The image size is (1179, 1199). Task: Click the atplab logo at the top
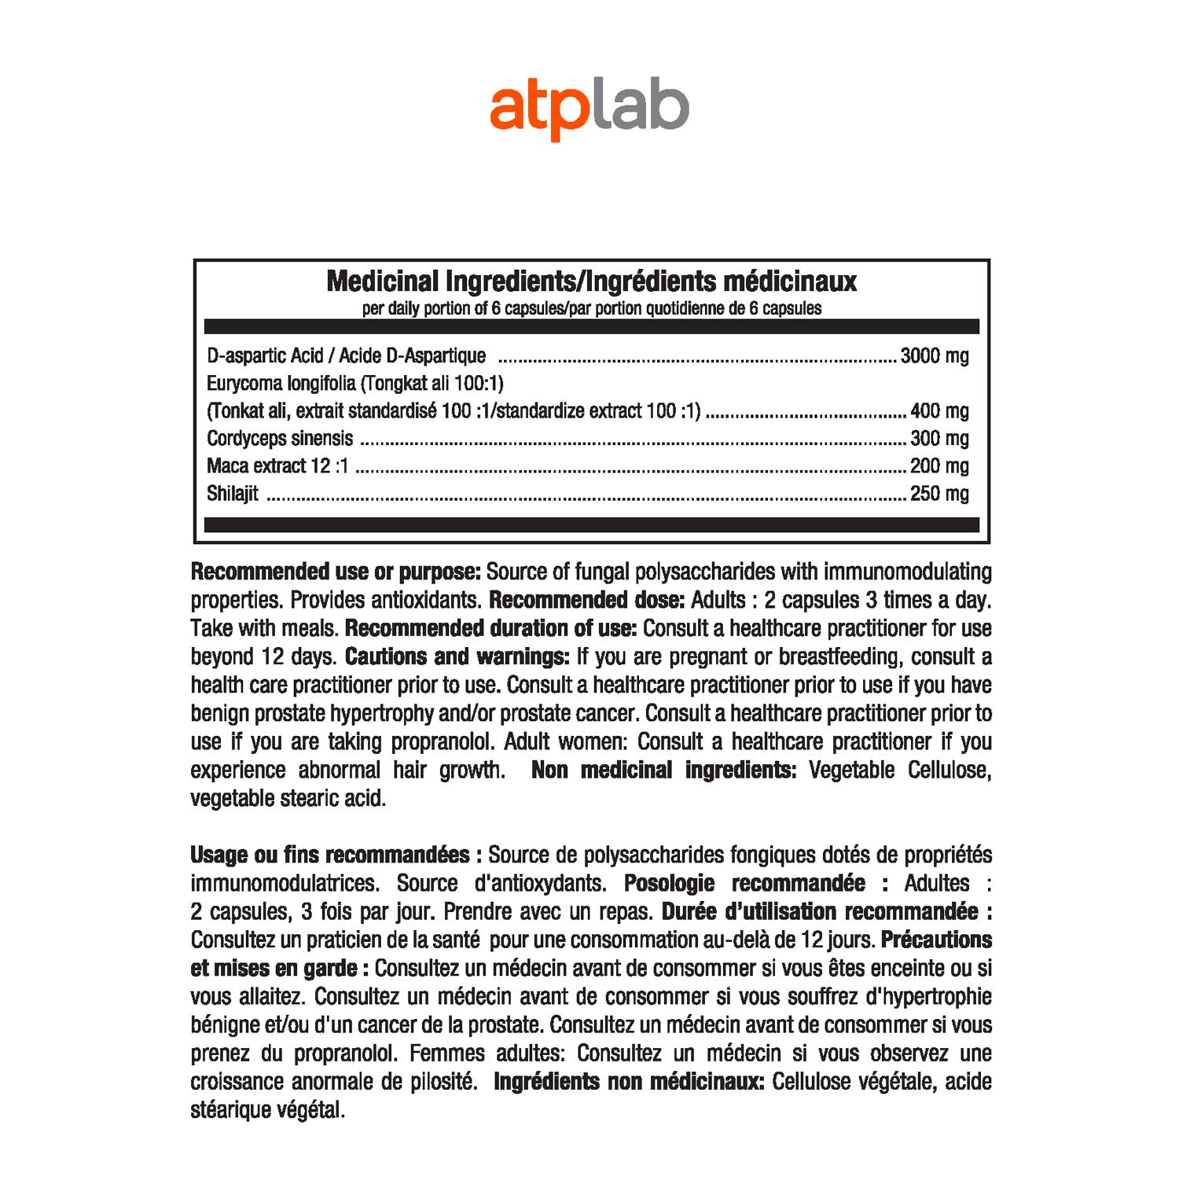[589, 108]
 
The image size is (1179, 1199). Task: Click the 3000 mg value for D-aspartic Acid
[934, 356]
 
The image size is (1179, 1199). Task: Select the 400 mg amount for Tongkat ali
[938, 411]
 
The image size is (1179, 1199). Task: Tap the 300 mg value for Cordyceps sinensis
[938, 439]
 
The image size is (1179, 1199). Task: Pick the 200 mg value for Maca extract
[938, 466]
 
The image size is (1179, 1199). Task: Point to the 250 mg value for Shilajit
[938, 494]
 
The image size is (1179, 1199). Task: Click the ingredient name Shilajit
[232, 494]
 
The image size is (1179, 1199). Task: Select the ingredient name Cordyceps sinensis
[280, 439]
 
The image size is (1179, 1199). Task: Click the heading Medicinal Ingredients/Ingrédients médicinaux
[591, 281]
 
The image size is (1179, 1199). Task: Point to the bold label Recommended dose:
[586, 600]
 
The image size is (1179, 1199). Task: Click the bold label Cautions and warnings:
[457, 657]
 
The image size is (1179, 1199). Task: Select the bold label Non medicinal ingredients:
[663, 770]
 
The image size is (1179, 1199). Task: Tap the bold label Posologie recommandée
[744, 883]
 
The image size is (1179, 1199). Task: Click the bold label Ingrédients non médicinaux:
[628, 1081]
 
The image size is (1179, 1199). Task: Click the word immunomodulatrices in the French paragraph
[285, 883]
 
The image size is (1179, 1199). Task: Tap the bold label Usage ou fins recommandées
[330, 855]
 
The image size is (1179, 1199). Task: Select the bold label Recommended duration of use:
[490, 628]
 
